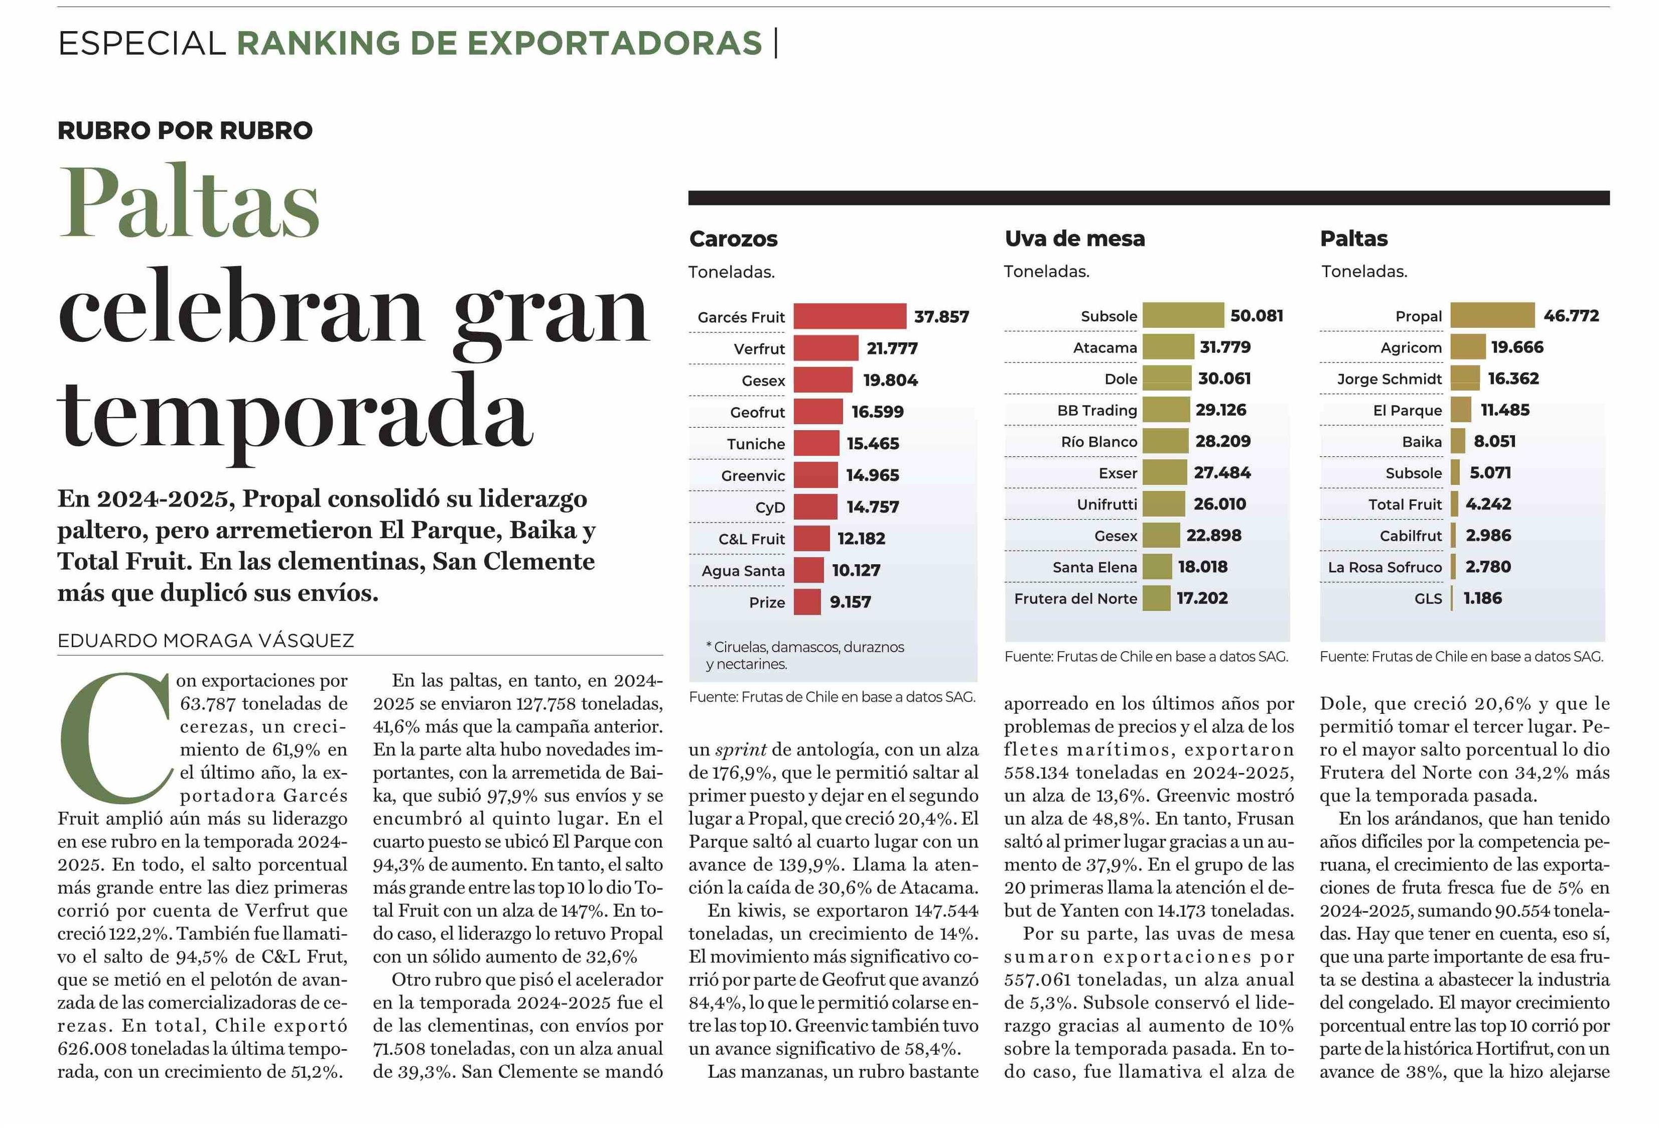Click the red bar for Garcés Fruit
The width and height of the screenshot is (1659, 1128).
(x=850, y=316)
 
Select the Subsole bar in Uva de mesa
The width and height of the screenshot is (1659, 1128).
(x=1183, y=315)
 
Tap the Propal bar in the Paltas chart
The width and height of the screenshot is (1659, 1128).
(x=1492, y=315)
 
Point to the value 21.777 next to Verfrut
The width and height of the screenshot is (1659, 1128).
(x=892, y=348)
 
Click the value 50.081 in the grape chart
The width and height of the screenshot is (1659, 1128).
(x=1257, y=316)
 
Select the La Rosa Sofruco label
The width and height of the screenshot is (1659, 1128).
(x=1385, y=567)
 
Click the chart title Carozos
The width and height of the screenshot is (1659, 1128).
(x=733, y=238)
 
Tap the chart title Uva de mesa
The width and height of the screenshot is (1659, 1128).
(x=1074, y=238)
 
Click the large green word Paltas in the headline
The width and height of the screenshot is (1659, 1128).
(x=189, y=201)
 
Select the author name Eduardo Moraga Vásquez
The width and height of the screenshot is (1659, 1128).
(x=206, y=641)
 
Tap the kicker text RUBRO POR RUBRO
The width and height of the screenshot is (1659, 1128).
(x=185, y=131)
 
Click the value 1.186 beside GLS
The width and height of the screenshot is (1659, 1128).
(x=1483, y=598)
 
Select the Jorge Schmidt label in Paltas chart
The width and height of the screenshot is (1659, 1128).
(x=1389, y=379)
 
